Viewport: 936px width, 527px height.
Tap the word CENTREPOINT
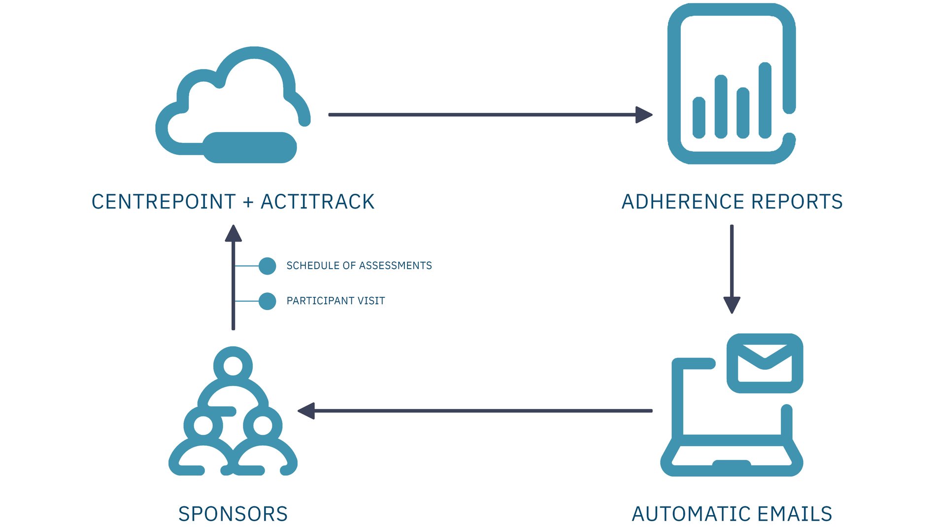(x=164, y=202)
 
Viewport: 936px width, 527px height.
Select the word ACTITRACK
(x=318, y=202)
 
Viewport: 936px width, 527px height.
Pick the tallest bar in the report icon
(x=765, y=100)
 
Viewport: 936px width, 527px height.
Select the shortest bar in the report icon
(x=699, y=117)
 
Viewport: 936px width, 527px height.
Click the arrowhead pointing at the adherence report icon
(x=644, y=115)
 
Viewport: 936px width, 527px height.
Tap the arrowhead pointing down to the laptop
(x=732, y=304)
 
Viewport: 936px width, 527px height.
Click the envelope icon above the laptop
(x=765, y=364)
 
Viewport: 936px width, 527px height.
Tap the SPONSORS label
(x=233, y=514)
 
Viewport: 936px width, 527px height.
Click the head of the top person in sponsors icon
(x=233, y=366)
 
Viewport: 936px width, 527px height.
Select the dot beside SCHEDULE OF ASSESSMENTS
(x=267, y=266)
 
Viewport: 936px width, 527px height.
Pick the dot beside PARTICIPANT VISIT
(x=267, y=301)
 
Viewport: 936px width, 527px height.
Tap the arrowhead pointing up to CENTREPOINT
(x=233, y=234)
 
